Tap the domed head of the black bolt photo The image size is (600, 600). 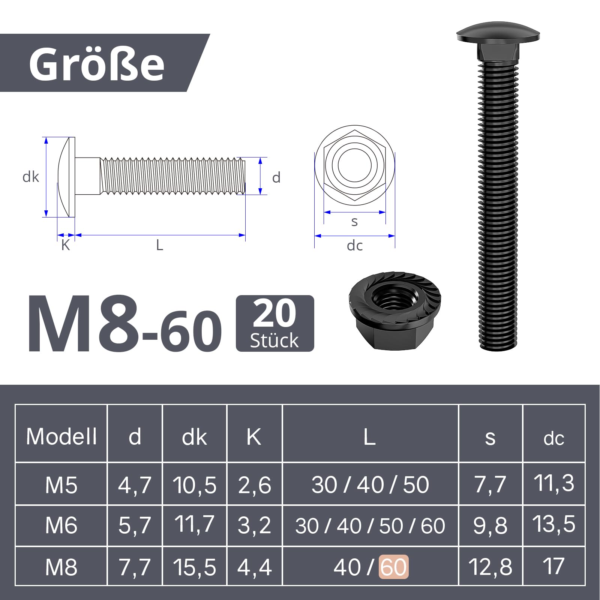pyautogui.click(x=498, y=32)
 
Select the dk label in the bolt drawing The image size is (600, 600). pyautogui.click(x=31, y=177)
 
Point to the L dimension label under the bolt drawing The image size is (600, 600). pyautogui.click(x=160, y=245)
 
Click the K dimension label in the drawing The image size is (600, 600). pyautogui.click(x=66, y=245)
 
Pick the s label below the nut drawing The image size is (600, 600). pyautogui.click(x=354, y=222)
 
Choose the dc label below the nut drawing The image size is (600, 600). pyautogui.click(x=355, y=246)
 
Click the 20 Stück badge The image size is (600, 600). pyautogui.click(x=275, y=323)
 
